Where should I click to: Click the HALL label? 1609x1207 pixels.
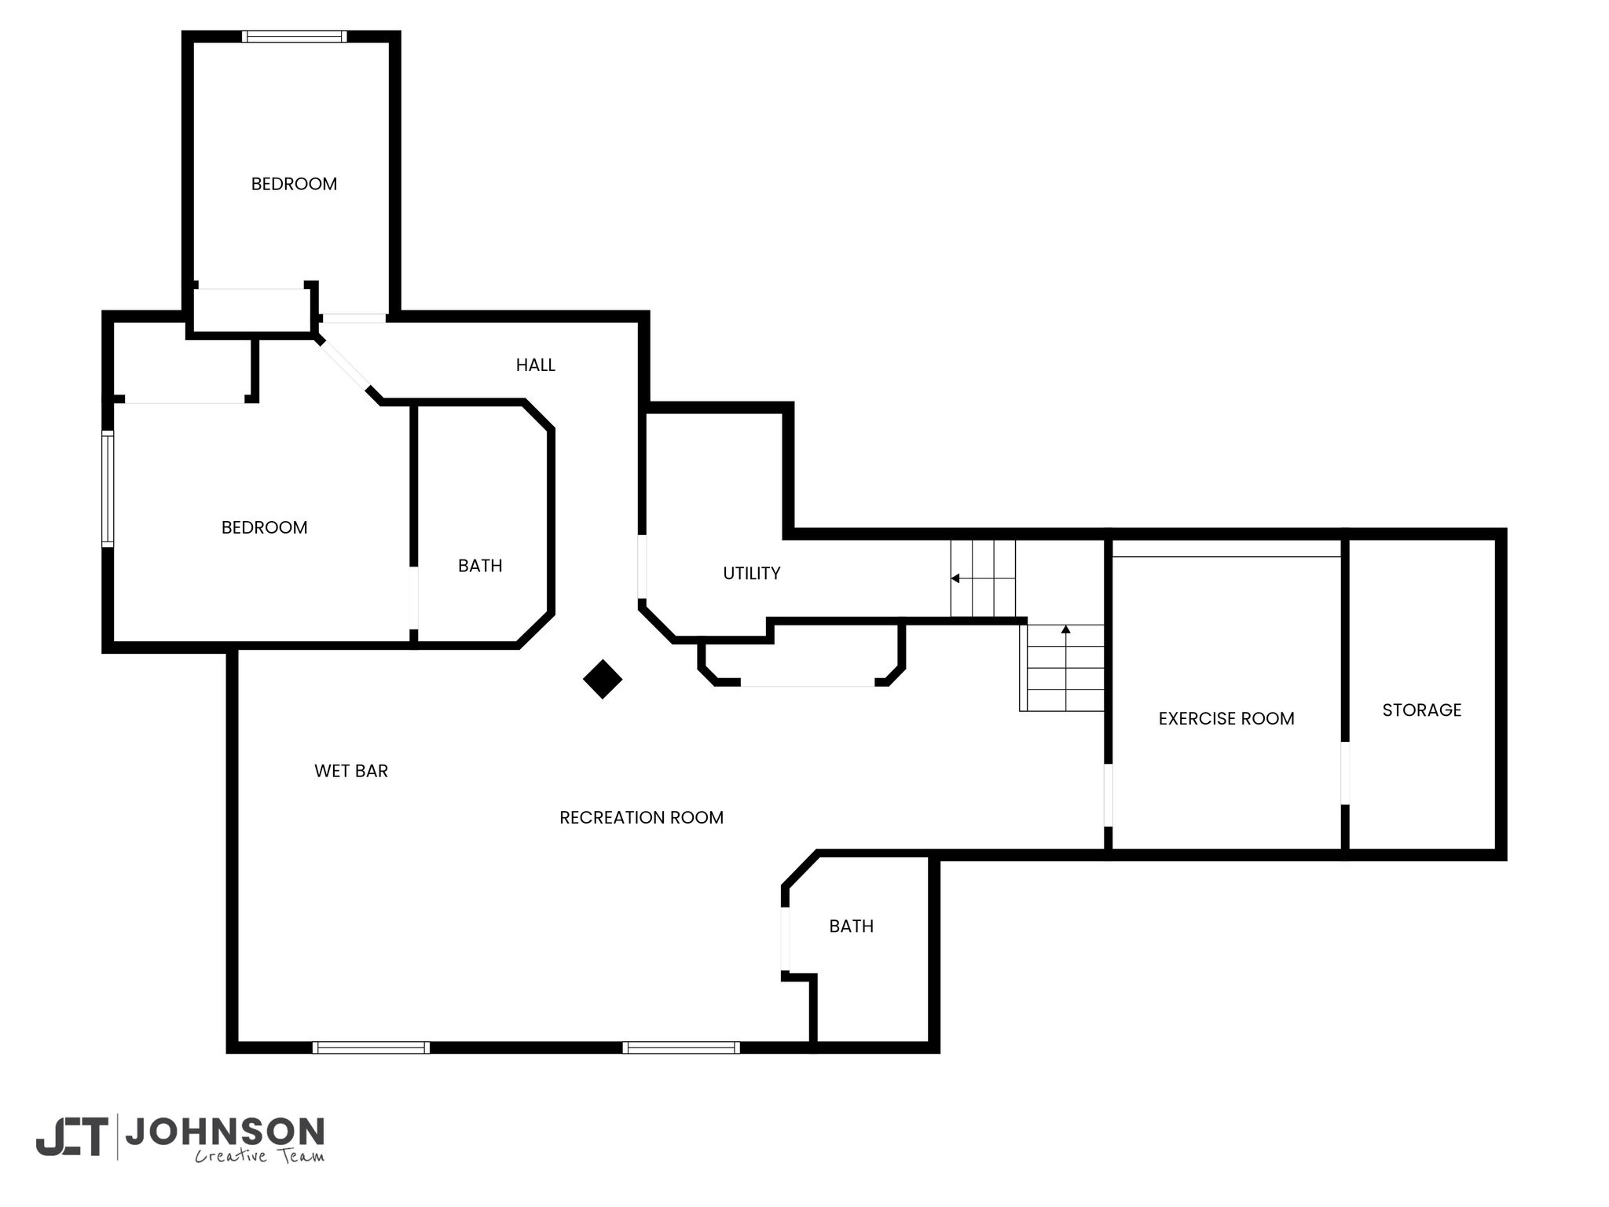(x=535, y=365)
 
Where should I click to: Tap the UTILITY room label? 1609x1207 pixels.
(x=752, y=574)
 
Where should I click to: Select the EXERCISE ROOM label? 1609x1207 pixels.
(x=1226, y=718)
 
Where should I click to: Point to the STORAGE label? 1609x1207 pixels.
(x=1422, y=710)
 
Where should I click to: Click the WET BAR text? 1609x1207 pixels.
(x=351, y=771)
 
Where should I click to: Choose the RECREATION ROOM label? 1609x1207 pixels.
(x=641, y=817)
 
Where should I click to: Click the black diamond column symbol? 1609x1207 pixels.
(x=603, y=679)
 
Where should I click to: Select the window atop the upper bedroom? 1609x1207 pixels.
(x=294, y=36)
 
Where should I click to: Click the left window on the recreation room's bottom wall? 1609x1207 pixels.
(x=371, y=1047)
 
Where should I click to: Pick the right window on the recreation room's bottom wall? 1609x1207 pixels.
(x=681, y=1047)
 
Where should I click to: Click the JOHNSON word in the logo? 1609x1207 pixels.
(x=225, y=1132)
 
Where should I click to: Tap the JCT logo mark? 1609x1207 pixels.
(x=71, y=1137)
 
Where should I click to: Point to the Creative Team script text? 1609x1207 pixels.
(x=259, y=1155)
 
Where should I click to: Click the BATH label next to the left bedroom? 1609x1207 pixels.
(x=480, y=566)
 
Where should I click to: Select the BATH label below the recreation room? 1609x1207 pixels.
(x=852, y=926)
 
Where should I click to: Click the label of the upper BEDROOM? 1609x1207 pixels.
(x=294, y=184)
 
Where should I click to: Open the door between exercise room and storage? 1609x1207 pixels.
(x=1345, y=773)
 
